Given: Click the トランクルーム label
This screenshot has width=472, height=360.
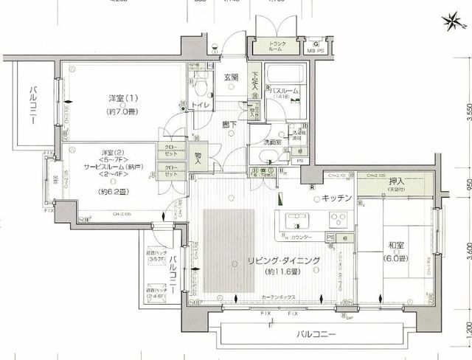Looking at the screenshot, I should click(278, 47).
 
